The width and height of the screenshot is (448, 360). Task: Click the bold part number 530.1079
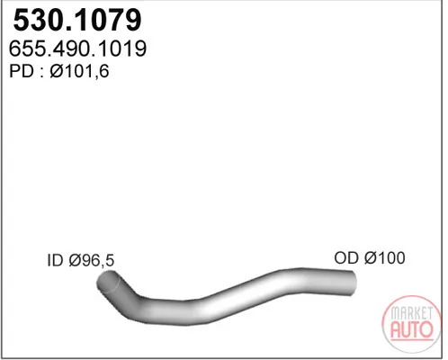77,20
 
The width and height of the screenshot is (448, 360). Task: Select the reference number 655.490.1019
77,49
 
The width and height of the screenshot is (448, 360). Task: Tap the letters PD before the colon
22,71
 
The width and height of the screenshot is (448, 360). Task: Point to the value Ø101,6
79,72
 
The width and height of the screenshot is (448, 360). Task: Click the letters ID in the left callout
56,260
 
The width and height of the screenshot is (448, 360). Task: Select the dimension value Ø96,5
92,260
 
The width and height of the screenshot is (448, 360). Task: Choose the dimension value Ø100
385,257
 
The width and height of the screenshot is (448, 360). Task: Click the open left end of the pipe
107,281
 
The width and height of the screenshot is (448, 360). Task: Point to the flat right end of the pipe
354,283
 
